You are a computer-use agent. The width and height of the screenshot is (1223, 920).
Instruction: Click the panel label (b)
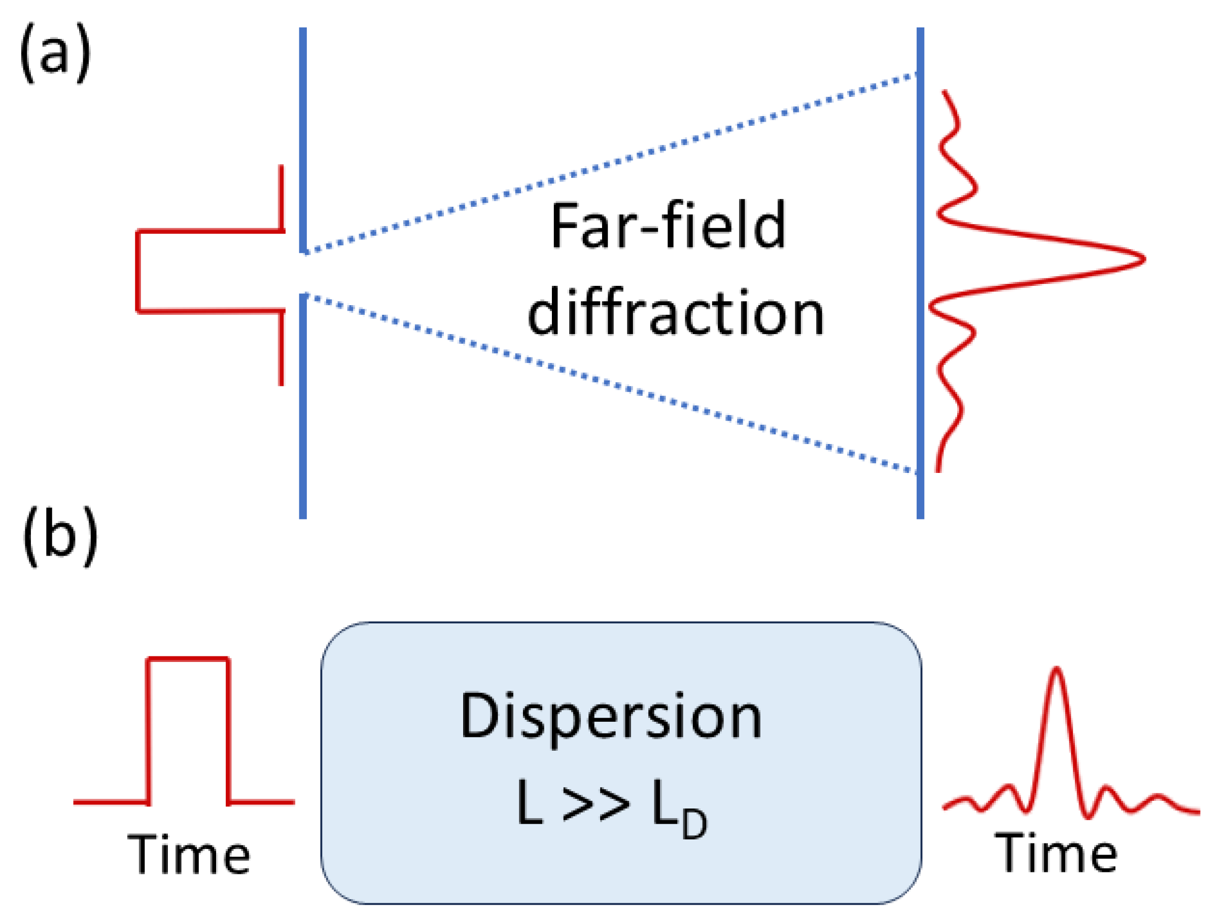[x=60, y=535]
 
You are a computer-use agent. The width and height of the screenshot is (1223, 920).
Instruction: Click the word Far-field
[x=668, y=227]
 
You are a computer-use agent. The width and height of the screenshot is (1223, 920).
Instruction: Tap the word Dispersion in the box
[x=611, y=717]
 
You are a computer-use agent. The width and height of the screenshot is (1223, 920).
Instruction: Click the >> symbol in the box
[x=596, y=804]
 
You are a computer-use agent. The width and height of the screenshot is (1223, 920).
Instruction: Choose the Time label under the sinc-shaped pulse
[x=1057, y=854]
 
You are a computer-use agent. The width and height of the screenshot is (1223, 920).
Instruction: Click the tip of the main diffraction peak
[x=1142, y=259]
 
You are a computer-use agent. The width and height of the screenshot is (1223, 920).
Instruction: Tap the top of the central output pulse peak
[x=1056, y=670]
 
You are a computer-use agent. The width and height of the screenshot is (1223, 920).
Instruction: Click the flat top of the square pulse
[x=188, y=658]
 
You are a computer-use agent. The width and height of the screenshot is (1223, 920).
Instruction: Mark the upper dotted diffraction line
[x=608, y=164]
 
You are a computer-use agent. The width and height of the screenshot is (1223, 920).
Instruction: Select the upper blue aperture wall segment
[x=303, y=138]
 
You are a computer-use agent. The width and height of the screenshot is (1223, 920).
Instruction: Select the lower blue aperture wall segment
[x=303, y=409]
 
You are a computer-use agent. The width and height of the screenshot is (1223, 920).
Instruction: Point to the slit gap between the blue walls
[x=303, y=274]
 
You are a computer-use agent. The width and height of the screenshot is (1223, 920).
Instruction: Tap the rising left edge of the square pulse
[x=148, y=729]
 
